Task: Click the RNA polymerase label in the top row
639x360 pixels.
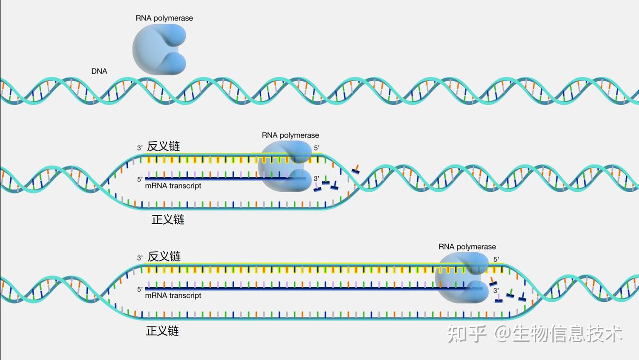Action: (x=164, y=18)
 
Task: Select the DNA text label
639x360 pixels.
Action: (x=99, y=71)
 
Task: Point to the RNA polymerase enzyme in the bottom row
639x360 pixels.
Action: (x=461, y=277)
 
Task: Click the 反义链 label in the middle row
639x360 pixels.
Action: (x=163, y=146)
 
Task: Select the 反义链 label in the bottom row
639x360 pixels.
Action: (x=164, y=256)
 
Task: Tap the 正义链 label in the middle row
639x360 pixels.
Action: (x=168, y=219)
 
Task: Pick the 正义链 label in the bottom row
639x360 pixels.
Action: (x=162, y=331)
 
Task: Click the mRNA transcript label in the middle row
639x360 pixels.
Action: (x=173, y=186)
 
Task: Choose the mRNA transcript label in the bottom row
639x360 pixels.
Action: (x=173, y=296)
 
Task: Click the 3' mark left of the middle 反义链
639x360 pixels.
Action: (x=140, y=148)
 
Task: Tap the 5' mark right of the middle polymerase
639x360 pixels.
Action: (x=317, y=148)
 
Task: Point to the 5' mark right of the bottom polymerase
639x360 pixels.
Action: (x=496, y=259)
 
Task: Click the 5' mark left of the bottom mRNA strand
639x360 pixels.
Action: (x=140, y=289)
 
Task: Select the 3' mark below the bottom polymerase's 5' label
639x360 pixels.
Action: (x=496, y=290)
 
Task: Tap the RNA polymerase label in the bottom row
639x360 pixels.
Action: (x=467, y=247)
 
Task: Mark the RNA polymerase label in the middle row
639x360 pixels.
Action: (x=290, y=135)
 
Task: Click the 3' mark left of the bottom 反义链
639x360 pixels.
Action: (x=140, y=258)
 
